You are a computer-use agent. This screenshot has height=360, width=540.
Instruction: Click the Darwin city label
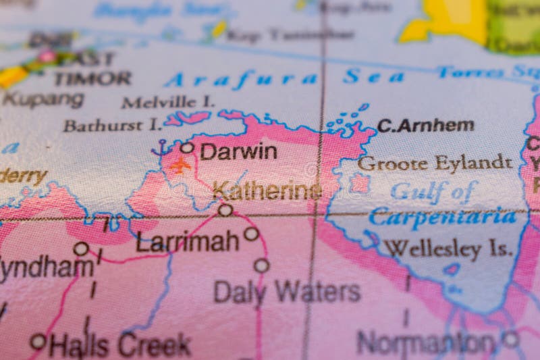pyautogui.click(x=238, y=151)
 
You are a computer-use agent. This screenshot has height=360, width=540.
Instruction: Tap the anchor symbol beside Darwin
pyautogui.click(x=161, y=148)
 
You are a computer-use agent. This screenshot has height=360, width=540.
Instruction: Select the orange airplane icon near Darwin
pyautogui.click(x=180, y=164)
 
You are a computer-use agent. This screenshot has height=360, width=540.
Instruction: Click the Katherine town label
pyautogui.click(x=267, y=191)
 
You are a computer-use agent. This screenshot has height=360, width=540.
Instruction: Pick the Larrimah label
pyautogui.click(x=187, y=241)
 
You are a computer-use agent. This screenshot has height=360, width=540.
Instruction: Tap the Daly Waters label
pyautogui.click(x=287, y=292)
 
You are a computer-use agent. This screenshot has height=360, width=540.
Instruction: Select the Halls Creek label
pyautogui.click(x=119, y=345)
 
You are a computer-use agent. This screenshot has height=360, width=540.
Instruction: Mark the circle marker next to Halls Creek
pyautogui.click(x=38, y=341)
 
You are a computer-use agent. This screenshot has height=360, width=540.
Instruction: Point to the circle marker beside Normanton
pyautogui.click(x=510, y=338)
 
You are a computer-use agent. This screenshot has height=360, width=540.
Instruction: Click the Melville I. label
pyautogui.click(x=168, y=102)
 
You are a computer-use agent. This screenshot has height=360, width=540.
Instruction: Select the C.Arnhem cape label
pyautogui.click(x=425, y=125)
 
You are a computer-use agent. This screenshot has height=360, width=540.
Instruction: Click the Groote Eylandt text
pyautogui.click(x=435, y=163)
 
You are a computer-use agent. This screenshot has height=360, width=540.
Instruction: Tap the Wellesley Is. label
pyautogui.click(x=448, y=249)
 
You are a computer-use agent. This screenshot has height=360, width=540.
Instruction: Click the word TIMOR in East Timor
pyautogui.click(x=92, y=78)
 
